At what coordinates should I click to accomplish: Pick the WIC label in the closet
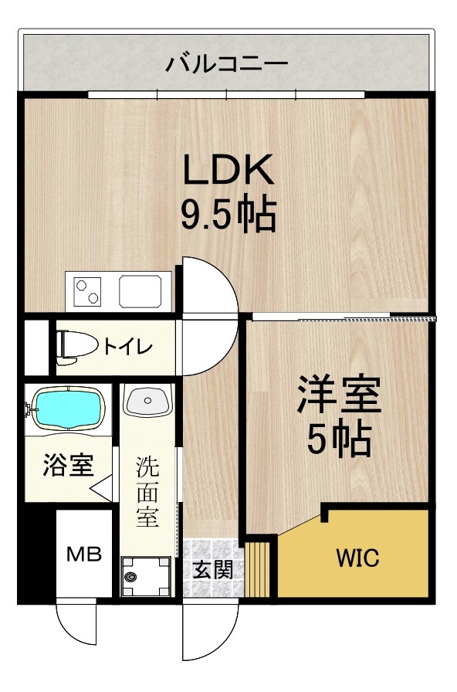point(357,558)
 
